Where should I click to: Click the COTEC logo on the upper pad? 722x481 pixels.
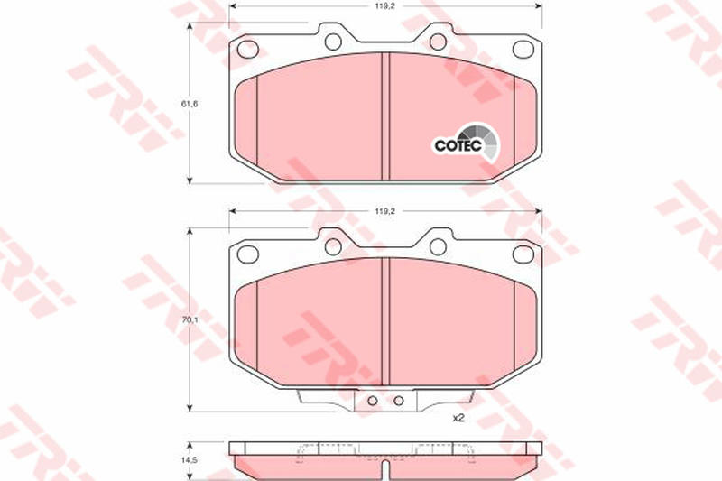click(466, 143)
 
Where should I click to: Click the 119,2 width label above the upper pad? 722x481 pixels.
click(385, 6)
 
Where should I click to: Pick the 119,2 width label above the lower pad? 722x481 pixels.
click(385, 211)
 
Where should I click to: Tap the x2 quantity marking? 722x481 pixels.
click(458, 418)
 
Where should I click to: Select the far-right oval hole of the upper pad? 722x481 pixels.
click(523, 49)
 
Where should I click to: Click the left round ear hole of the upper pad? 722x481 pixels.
click(333, 42)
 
